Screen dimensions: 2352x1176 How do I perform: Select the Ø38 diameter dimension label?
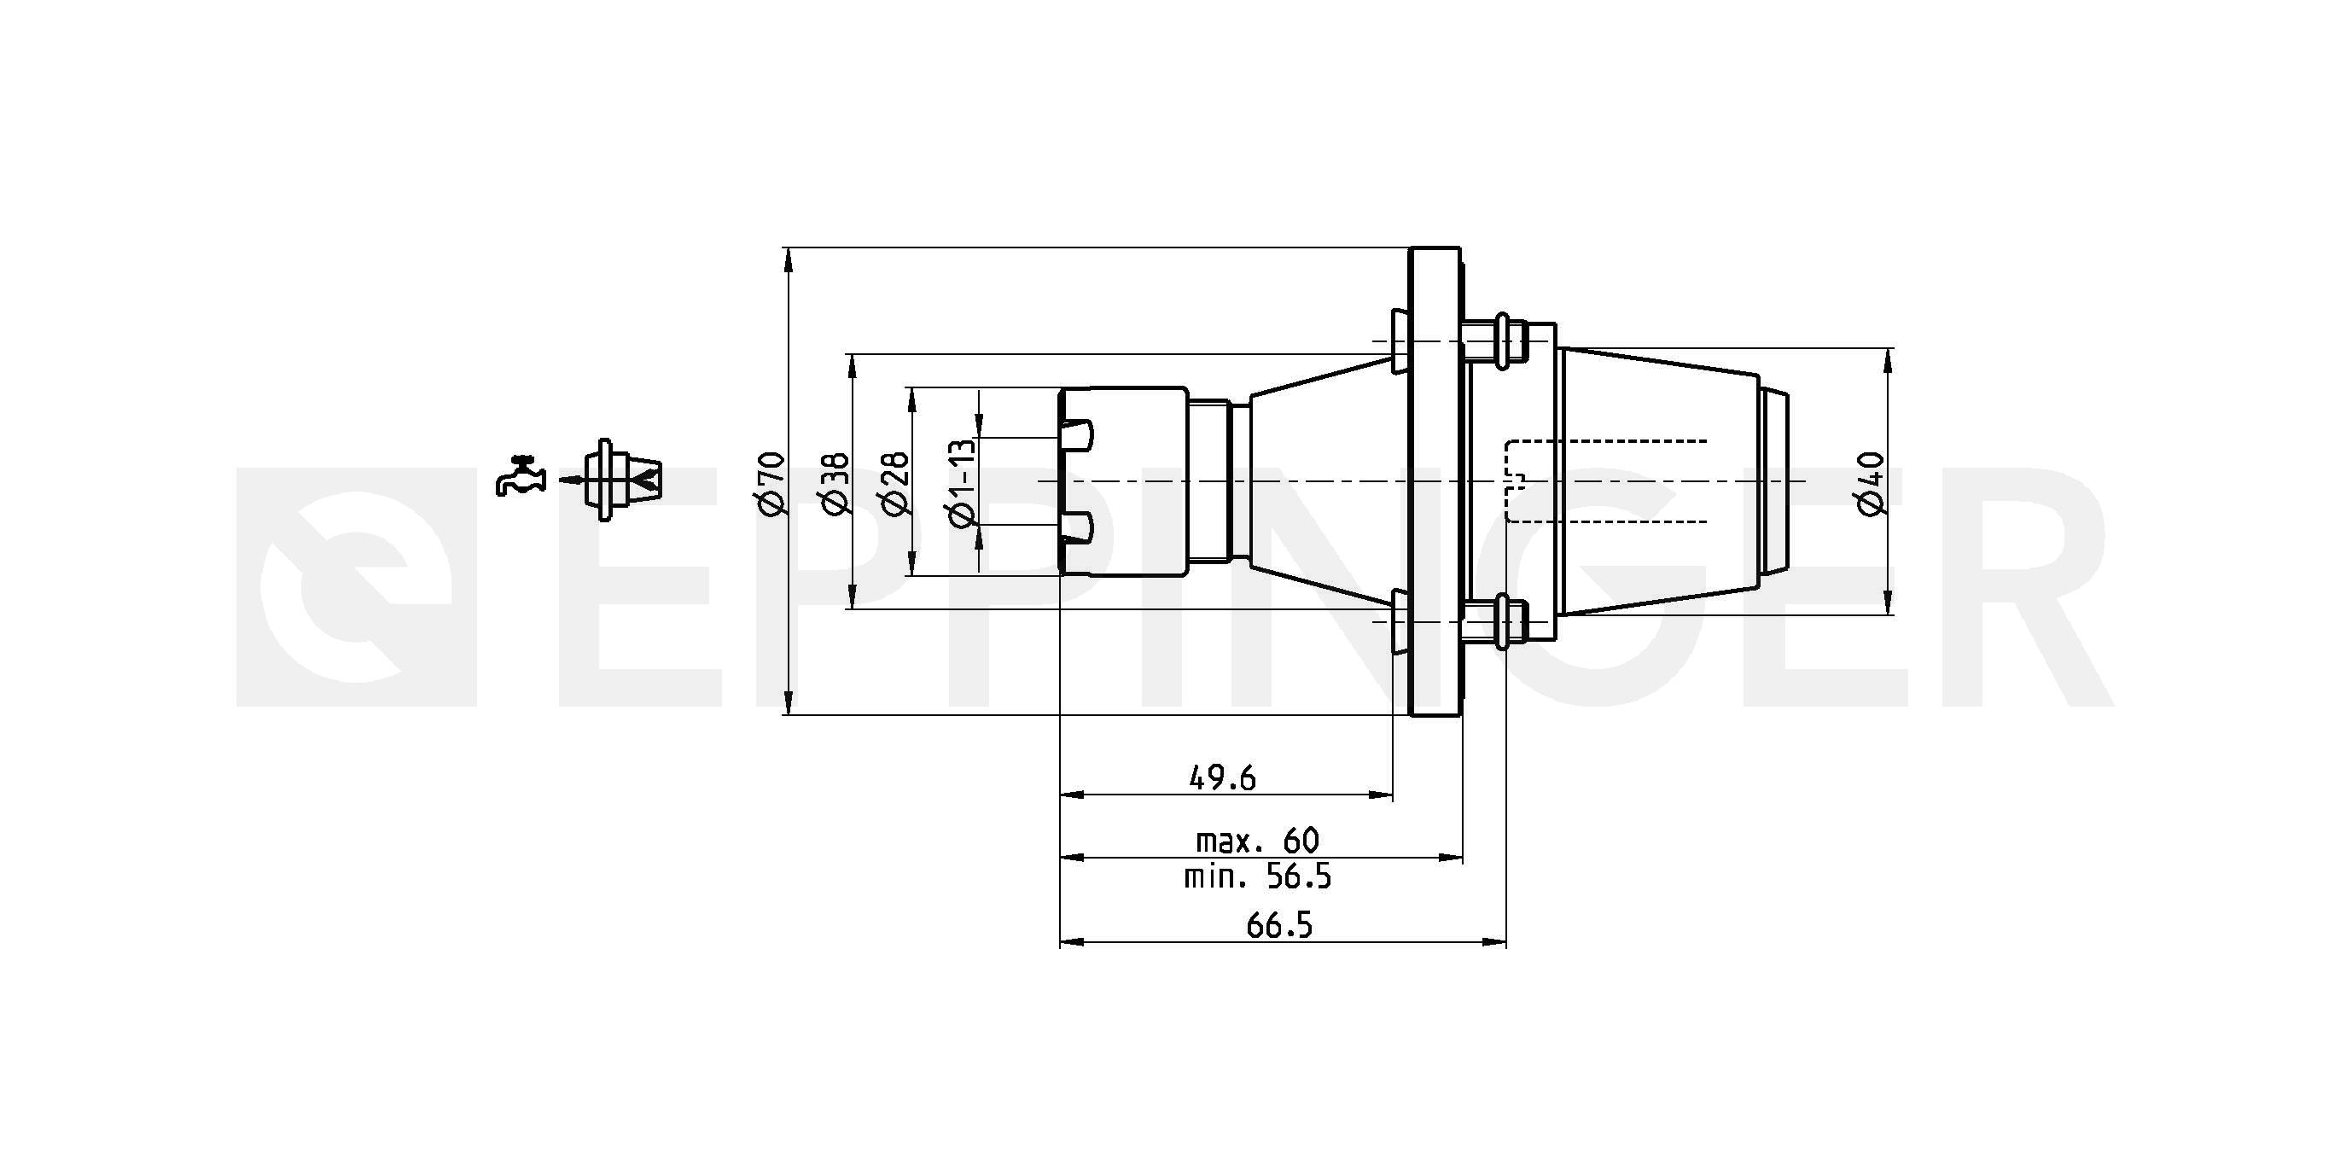point(836,482)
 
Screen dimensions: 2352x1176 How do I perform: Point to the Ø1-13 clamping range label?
point(963,482)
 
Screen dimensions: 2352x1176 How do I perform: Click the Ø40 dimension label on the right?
point(1871,482)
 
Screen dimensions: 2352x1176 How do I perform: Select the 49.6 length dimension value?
point(1223,778)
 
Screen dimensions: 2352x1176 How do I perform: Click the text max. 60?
point(1257,840)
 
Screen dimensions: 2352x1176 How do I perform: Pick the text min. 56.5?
point(1257,877)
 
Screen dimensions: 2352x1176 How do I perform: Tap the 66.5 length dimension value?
point(1279,926)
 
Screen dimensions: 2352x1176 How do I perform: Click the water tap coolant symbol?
point(521,474)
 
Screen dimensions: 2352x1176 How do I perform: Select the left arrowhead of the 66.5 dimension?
point(1071,942)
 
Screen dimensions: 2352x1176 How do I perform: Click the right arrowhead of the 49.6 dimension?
point(1382,795)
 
